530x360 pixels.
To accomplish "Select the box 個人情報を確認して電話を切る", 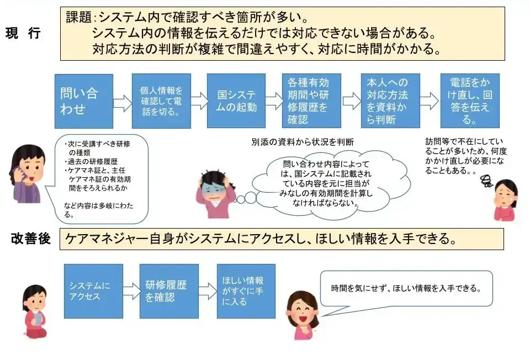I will (161, 101).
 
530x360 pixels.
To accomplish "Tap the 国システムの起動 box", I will (236, 101).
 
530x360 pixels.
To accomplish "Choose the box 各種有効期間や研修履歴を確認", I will (311, 101).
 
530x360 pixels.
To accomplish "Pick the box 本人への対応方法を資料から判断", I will (390, 101).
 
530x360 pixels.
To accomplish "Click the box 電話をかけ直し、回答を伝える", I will (470, 101).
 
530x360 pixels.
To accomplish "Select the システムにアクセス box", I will (93, 291).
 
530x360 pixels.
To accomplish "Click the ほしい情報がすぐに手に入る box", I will (246, 291).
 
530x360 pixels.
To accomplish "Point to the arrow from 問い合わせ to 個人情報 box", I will (123, 102).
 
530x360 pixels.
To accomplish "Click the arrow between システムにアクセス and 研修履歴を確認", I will (131, 291).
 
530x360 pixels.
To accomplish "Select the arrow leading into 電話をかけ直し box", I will (429, 102).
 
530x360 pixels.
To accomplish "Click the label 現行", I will (23, 33).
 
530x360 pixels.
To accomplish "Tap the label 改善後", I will (31, 239).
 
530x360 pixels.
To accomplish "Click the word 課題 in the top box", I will (78, 17).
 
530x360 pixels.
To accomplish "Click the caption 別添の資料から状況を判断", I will (303, 142).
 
